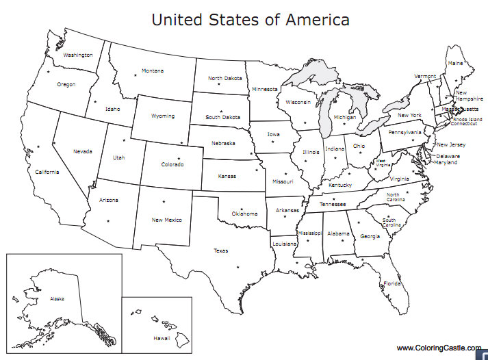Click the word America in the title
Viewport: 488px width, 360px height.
(316, 19)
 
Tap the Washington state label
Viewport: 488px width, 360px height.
(77, 55)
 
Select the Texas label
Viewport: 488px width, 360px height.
(220, 250)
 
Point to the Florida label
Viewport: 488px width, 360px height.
(392, 283)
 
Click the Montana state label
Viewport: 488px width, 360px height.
(153, 70)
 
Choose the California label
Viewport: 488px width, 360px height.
(47, 172)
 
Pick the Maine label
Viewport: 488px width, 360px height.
(455, 63)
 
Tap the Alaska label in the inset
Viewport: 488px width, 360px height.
(57, 299)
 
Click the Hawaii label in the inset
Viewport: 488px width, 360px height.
(162, 338)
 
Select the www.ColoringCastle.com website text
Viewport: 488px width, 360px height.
(439, 348)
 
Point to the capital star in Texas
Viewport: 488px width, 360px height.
(237, 266)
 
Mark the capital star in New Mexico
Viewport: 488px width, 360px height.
(164, 201)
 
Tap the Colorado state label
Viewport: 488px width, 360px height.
(172, 164)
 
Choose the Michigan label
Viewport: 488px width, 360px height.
(345, 117)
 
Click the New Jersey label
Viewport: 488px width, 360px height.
(451, 144)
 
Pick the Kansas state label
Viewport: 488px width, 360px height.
(227, 176)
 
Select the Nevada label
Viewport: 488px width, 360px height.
(84, 151)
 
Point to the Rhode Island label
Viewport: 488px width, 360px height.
(466, 119)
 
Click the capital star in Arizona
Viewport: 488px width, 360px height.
(108, 220)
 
